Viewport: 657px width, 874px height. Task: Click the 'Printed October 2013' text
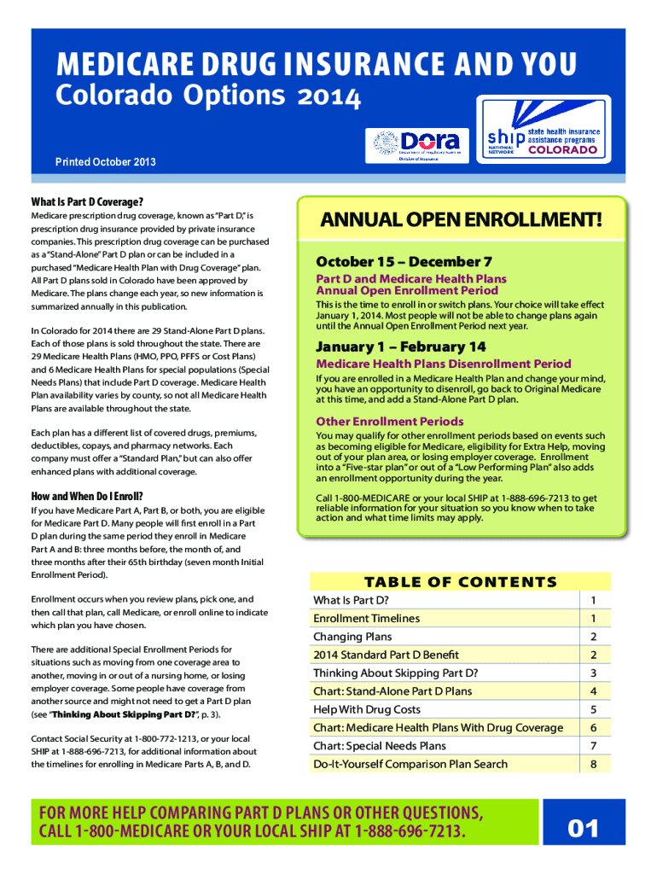[x=106, y=162]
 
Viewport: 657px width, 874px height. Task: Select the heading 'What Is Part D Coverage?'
[x=87, y=202]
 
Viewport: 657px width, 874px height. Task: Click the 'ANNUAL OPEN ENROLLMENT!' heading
[x=461, y=222]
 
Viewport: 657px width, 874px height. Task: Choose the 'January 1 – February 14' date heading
[x=401, y=347]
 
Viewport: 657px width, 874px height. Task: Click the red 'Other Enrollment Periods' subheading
[x=390, y=422]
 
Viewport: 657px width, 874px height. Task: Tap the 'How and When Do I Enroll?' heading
[x=87, y=496]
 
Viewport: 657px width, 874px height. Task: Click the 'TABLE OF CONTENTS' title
[x=461, y=582]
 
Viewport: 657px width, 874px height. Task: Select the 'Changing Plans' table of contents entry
[x=352, y=637]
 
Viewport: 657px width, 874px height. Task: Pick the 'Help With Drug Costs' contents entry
[x=367, y=709]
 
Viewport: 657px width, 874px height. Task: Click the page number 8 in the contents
[x=594, y=764]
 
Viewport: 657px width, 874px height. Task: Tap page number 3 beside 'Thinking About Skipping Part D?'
[x=594, y=673]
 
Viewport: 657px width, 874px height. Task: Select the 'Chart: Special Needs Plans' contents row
[x=380, y=746]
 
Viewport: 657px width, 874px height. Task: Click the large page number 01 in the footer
[x=584, y=829]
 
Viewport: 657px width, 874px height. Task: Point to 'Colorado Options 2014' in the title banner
[x=208, y=99]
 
